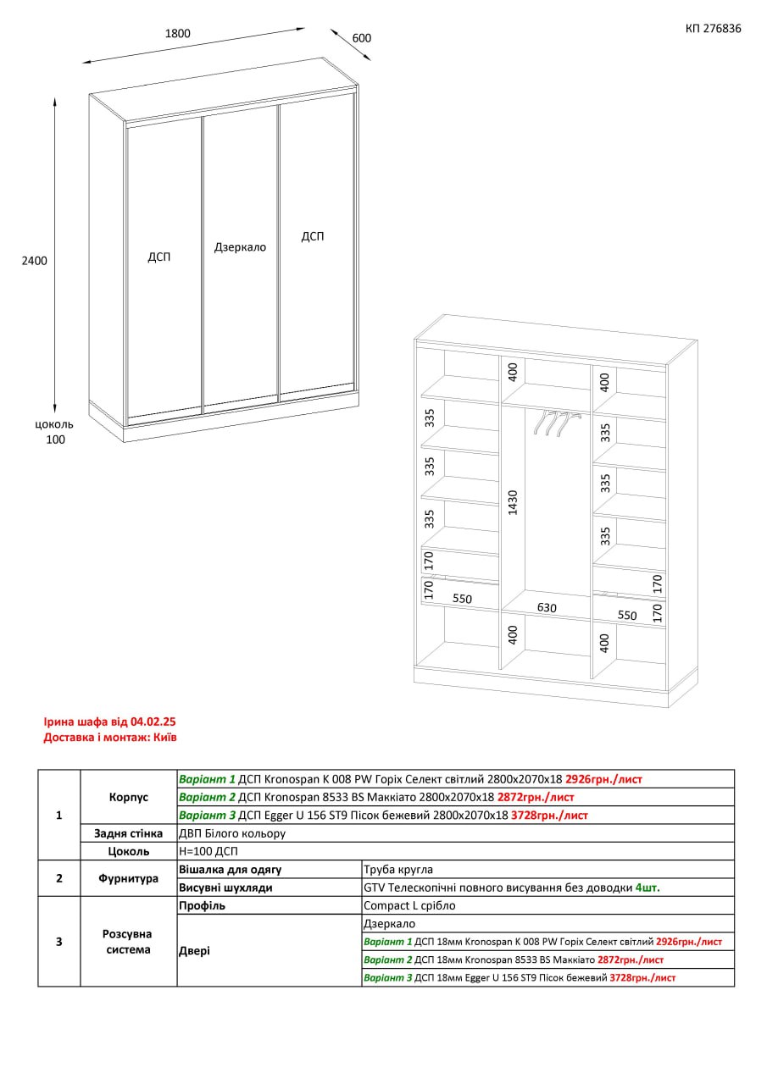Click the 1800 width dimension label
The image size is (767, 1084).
(x=178, y=33)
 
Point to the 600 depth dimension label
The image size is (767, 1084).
(x=362, y=38)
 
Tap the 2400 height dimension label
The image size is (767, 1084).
(x=35, y=261)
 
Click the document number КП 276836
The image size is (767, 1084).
(x=713, y=29)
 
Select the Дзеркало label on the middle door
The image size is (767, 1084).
(x=240, y=247)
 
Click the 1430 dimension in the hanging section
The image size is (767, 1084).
(x=514, y=503)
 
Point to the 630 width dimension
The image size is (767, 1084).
(x=547, y=607)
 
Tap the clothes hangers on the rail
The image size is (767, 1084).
(x=557, y=423)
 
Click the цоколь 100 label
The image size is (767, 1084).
(x=55, y=432)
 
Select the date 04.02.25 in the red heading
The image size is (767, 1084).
(x=153, y=722)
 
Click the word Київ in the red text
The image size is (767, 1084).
(x=165, y=737)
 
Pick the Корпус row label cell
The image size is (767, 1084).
(x=129, y=797)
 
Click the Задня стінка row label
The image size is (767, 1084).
(x=128, y=833)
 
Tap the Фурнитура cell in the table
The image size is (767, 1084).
(x=129, y=878)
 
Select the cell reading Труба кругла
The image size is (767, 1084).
(x=548, y=870)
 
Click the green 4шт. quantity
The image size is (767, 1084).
(x=648, y=888)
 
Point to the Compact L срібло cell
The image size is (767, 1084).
(x=548, y=905)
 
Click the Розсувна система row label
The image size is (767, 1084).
(x=129, y=942)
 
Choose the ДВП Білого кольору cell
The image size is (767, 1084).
(x=456, y=833)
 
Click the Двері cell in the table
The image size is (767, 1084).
(x=270, y=950)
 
